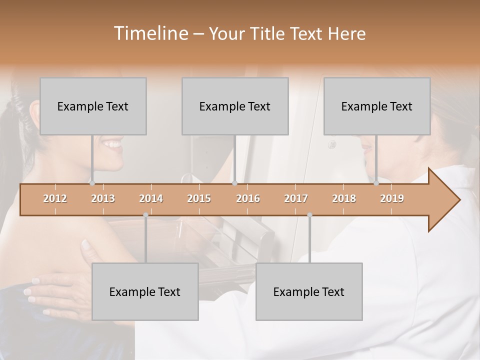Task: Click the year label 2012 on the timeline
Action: pyautogui.click(x=55, y=198)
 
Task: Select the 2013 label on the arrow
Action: pyautogui.click(x=103, y=198)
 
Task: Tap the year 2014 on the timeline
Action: pyautogui.click(x=151, y=198)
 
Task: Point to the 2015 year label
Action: pyautogui.click(x=199, y=198)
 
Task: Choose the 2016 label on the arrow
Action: pyautogui.click(x=248, y=198)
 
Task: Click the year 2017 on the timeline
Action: pyautogui.click(x=296, y=198)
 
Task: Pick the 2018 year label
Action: pyautogui.click(x=344, y=198)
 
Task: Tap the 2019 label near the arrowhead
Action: pyautogui.click(x=392, y=198)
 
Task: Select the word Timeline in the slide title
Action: pyautogui.click(x=150, y=33)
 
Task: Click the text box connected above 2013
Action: pyautogui.click(x=93, y=106)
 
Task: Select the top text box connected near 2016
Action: pyautogui.click(x=235, y=106)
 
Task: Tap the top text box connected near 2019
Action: pyautogui.click(x=377, y=106)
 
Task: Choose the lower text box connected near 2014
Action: pyautogui.click(x=145, y=291)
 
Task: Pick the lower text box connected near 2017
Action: pyautogui.click(x=309, y=291)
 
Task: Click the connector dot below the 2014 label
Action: pyautogui.click(x=145, y=215)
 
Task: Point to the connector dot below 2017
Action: pyautogui.click(x=309, y=215)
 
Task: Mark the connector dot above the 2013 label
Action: pyautogui.click(x=92, y=183)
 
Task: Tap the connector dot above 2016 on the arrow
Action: pyautogui.click(x=234, y=183)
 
